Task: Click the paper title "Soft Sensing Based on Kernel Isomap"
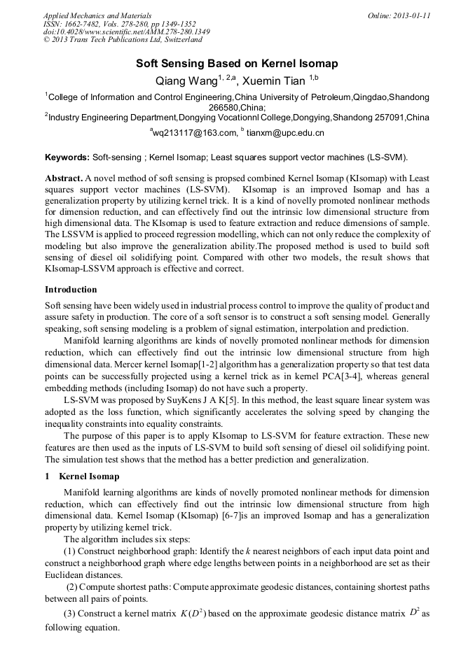pos(237,63)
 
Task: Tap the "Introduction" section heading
pos(71,289)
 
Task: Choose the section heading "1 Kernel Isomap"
pos(82,476)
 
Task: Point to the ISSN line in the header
pos(119,24)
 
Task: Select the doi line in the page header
pos(126,32)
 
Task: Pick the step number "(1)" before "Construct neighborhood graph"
pos(70,553)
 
